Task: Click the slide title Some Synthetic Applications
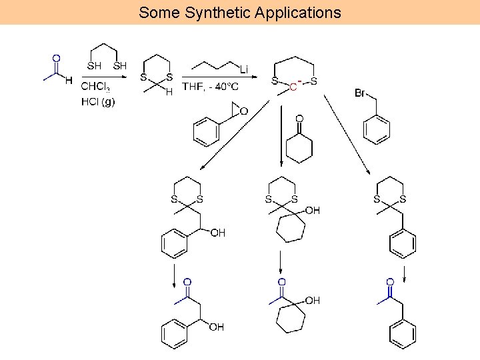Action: [239, 12]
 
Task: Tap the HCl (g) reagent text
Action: [97, 101]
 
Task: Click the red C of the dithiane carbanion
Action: [293, 86]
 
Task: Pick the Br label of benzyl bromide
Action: [360, 93]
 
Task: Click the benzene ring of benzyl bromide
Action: [377, 129]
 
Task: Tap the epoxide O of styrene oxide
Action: [243, 111]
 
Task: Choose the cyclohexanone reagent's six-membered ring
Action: [299, 149]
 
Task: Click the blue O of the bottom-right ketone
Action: [390, 282]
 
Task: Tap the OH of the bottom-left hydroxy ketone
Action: [217, 327]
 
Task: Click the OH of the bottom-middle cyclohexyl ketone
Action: [312, 301]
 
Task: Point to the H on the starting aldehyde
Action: [69, 81]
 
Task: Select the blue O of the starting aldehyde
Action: [56, 59]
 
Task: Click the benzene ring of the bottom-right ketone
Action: [403, 334]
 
